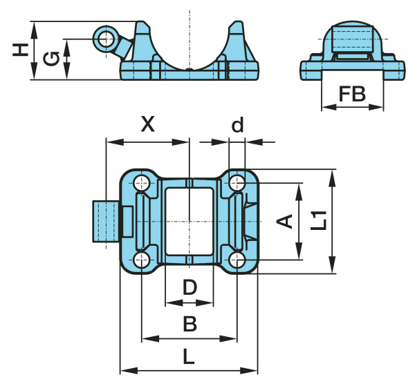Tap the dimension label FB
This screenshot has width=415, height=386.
tap(352, 94)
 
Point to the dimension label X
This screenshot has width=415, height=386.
tap(147, 124)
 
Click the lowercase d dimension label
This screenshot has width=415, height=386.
tap(237, 124)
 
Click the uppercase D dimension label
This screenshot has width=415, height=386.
tap(189, 287)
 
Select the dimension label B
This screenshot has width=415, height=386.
tap(189, 322)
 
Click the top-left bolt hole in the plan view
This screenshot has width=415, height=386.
tap(142, 182)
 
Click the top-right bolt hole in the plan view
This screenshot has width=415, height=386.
tap(237, 182)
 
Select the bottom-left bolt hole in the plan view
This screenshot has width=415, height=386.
tap(142, 260)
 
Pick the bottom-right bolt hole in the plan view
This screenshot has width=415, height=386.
tap(237, 260)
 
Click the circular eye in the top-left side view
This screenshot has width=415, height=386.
tap(106, 39)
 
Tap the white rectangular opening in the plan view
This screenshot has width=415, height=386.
tap(189, 221)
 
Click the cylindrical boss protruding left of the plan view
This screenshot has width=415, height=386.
tap(106, 221)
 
